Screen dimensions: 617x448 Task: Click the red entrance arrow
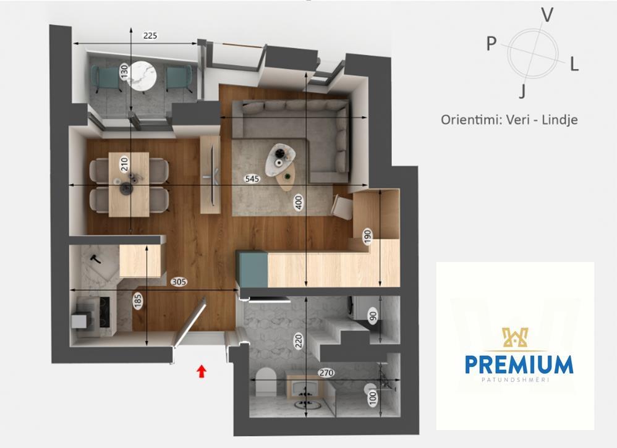[x=202, y=371]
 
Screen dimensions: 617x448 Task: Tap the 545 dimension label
[x=252, y=179]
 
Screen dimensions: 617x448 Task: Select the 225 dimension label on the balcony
[x=150, y=36]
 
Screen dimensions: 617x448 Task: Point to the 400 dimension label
[x=299, y=203]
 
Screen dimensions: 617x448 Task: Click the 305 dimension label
[x=179, y=282]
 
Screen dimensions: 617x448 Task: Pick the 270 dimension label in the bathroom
[x=326, y=373]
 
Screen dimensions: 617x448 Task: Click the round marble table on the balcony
[x=143, y=75]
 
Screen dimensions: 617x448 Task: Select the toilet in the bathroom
[x=266, y=381]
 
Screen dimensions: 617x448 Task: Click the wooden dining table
[x=129, y=185]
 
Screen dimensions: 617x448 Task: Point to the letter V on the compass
[x=547, y=15]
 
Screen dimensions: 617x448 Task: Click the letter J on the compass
[x=522, y=91]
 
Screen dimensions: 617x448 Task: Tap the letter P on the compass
[x=491, y=43]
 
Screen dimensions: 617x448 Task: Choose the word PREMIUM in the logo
[x=519, y=365]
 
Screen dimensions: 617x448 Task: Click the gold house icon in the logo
[x=514, y=338]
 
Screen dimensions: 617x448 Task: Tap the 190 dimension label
[x=367, y=237]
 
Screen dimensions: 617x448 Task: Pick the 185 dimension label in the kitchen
[x=138, y=302]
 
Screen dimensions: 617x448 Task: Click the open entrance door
[x=190, y=323]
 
